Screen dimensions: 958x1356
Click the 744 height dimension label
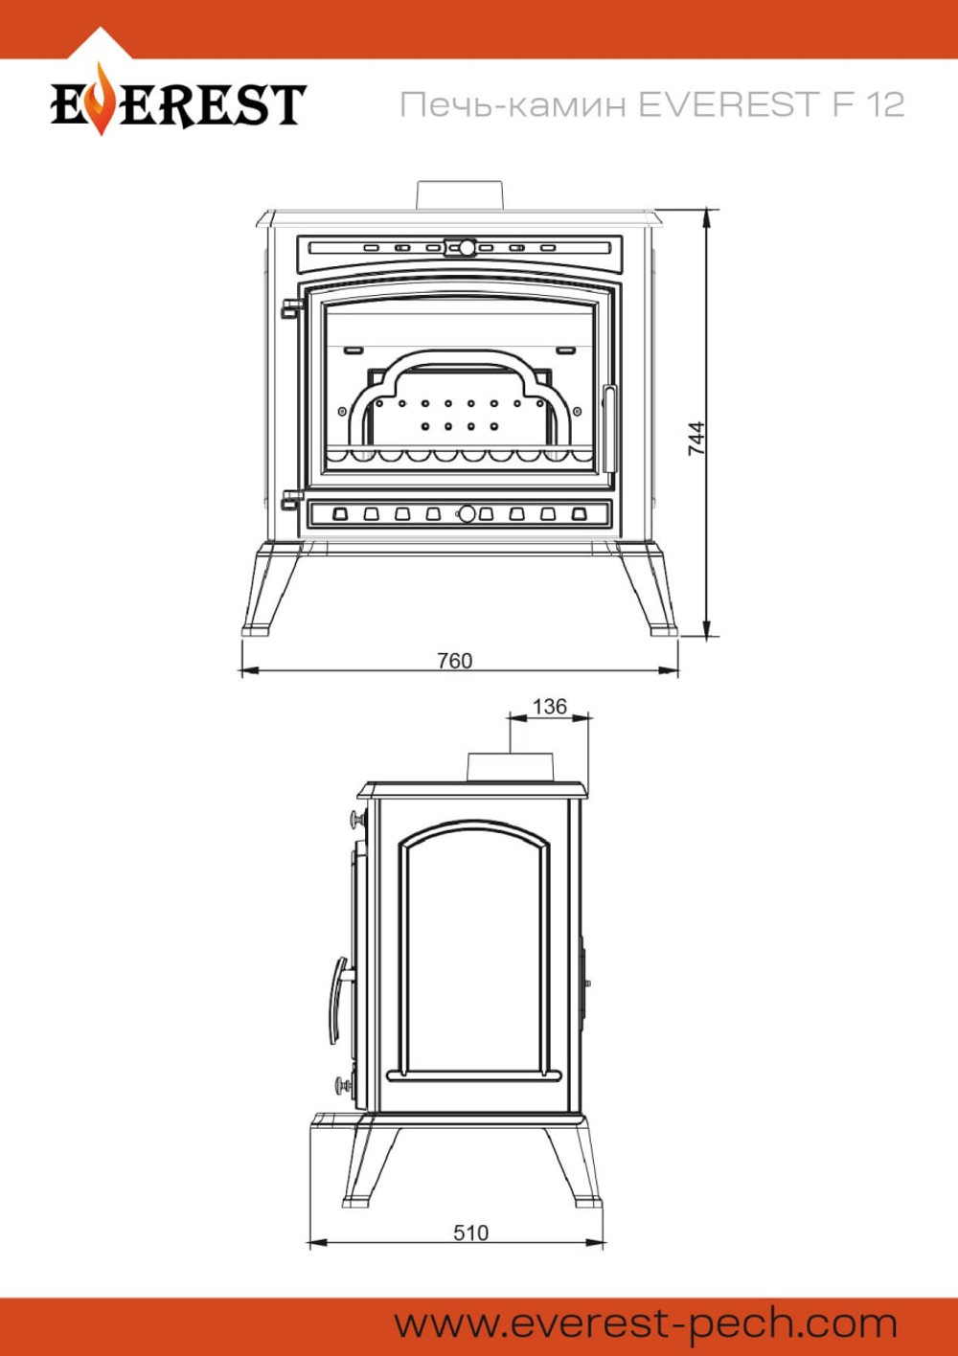click(x=696, y=439)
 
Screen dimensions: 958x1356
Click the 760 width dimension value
click(x=455, y=661)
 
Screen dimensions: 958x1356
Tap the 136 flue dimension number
click(x=550, y=707)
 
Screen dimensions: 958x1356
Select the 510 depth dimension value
click(x=470, y=1232)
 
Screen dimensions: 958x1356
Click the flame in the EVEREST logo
click(x=102, y=100)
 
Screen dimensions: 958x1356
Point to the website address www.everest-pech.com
click(x=646, y=1325)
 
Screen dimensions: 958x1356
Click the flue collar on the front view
click(x=459, y=195)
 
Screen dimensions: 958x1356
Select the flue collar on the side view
click(x=510, y=767)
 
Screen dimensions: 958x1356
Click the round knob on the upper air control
click(x=467, y=248)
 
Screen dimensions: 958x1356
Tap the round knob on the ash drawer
click(x=467, y=514)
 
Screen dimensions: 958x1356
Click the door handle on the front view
click(x=609, y=429)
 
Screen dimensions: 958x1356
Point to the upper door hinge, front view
click(x=291, y=307)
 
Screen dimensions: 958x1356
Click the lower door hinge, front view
click(x=291, y=500)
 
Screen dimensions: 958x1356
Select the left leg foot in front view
click(x=256, y=629)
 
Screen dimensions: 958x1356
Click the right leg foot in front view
click(x=664, y=629)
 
